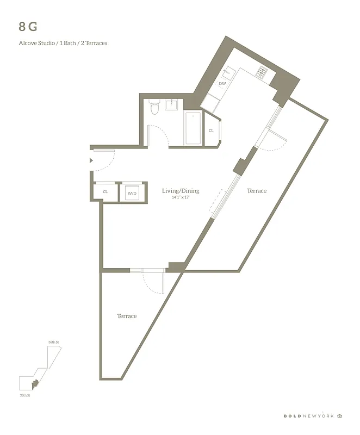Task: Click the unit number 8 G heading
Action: coord(28,26)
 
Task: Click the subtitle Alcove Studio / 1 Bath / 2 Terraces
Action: coord(63,43)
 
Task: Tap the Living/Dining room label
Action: coord(181,191)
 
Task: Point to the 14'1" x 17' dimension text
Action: coord(181,198)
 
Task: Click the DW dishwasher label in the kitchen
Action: coord(222,84)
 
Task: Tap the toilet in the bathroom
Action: coord(154,108)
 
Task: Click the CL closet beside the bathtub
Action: coord(211,130)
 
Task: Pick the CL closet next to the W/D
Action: coord(105,192)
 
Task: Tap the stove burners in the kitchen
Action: coord(262,71)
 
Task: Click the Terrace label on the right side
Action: coord(257,191)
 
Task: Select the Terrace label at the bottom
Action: coord(127,316)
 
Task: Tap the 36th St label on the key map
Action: coord(53,342)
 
